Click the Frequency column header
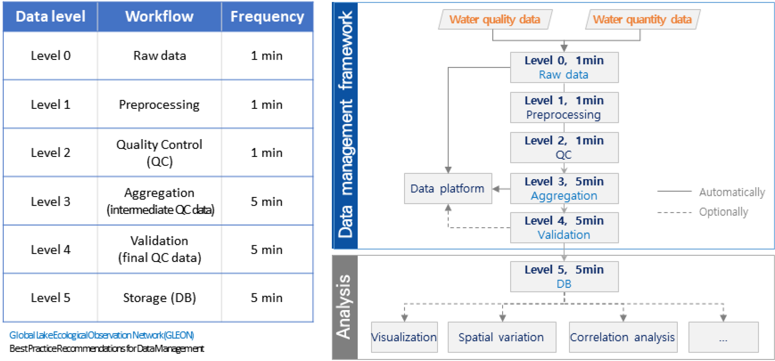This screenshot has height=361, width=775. click(x=267, y=17)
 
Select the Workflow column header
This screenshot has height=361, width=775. click(x=159, y=17)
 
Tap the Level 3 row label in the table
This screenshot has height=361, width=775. click(x=50, y=201)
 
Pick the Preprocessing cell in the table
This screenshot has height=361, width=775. click(x=159, y=105)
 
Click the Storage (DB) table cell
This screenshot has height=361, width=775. click(x=159, y=298)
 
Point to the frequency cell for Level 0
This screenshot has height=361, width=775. click(x=267, y=56)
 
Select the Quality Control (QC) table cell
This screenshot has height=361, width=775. click(x=159, y=153)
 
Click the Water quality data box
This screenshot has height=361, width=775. click(x=495, y=19)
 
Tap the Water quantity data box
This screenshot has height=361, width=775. click(x=642, y=19)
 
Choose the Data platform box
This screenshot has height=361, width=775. click(x=448, y=189)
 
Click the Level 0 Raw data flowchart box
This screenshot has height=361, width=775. click(x=564, y=67)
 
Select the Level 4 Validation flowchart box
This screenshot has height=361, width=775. click(x=564, y=228)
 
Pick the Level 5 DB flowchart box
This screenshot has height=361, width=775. click(x=564, y=277)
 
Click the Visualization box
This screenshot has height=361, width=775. click(x=404, y=337)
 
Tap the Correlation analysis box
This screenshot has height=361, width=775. click(x=622, y=337)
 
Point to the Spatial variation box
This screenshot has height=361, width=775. click(x=501, y=337)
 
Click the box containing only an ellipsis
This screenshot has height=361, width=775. click(x=723, y=337)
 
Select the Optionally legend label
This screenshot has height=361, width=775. click(x=723, y=212)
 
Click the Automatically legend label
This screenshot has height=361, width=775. click(x=732, y=192)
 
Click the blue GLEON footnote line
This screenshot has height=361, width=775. click(x=102, y=335)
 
